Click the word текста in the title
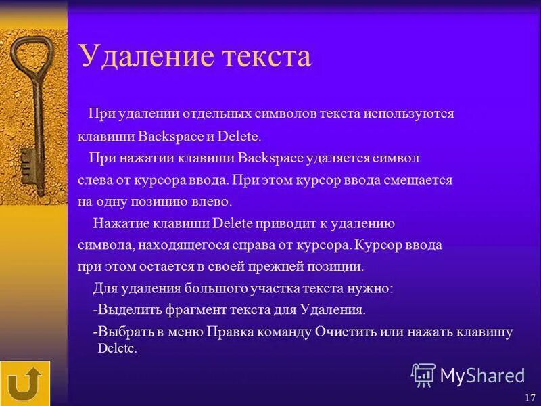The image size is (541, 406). click(264, 57)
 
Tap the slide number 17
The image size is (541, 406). click(529, 397)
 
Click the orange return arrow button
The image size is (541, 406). click(25, 384)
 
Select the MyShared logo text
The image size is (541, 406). click(481, 375)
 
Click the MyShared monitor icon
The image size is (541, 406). click(423, 375)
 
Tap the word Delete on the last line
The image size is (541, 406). click(117, 349)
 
